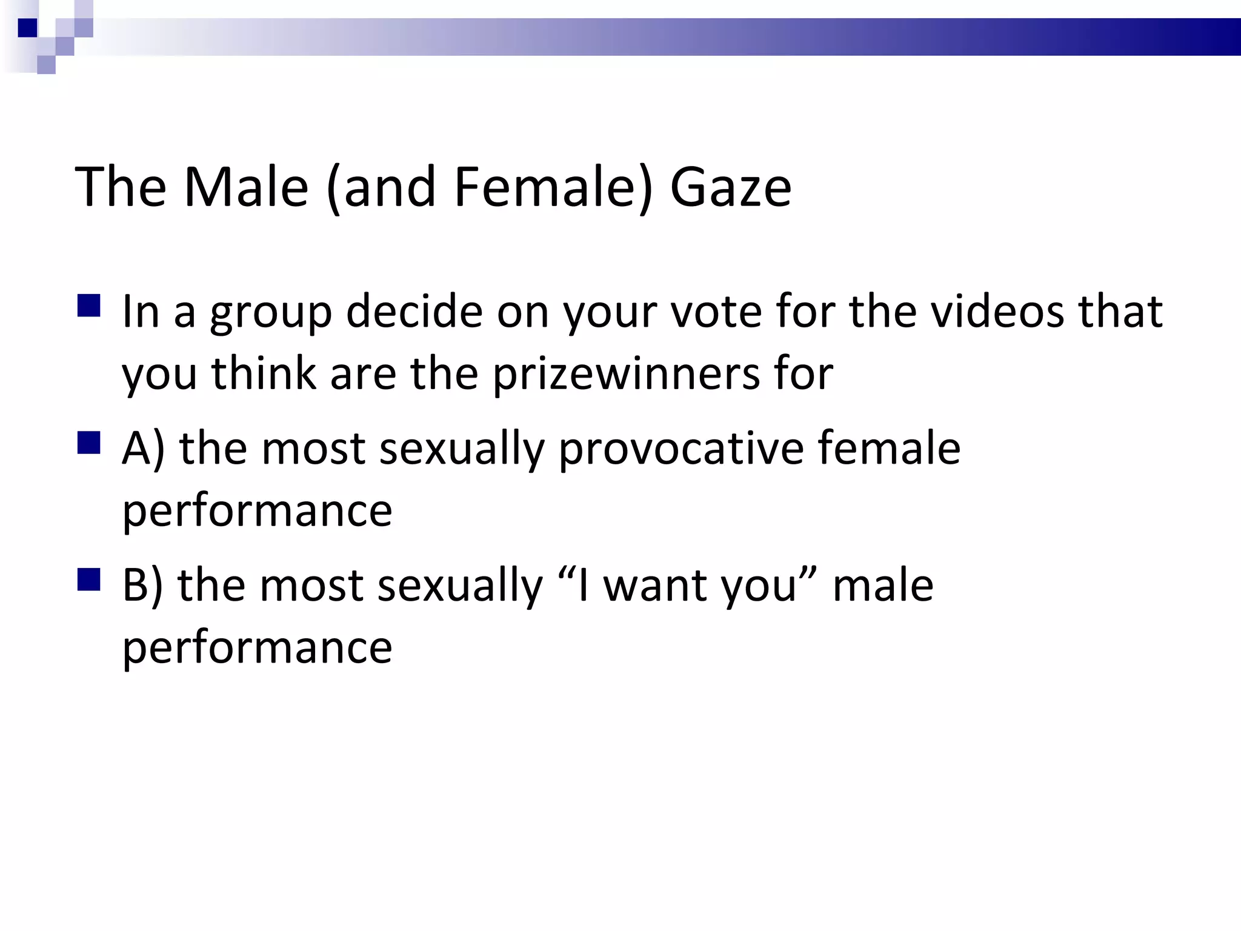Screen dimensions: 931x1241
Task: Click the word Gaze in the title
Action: point(730,187)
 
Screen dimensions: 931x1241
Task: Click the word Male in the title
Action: point(245,187)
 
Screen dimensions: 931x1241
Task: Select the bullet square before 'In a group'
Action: point(88,306)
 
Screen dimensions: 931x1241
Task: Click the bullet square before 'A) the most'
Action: point(88,443)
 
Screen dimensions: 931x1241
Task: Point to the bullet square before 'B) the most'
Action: point(88,579)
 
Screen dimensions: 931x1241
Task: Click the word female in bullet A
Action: point(888,449)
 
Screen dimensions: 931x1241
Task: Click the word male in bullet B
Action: point(882,586)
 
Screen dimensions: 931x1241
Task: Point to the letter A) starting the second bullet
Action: point(143,449)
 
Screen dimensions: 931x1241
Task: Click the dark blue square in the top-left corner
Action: point(28,28)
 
